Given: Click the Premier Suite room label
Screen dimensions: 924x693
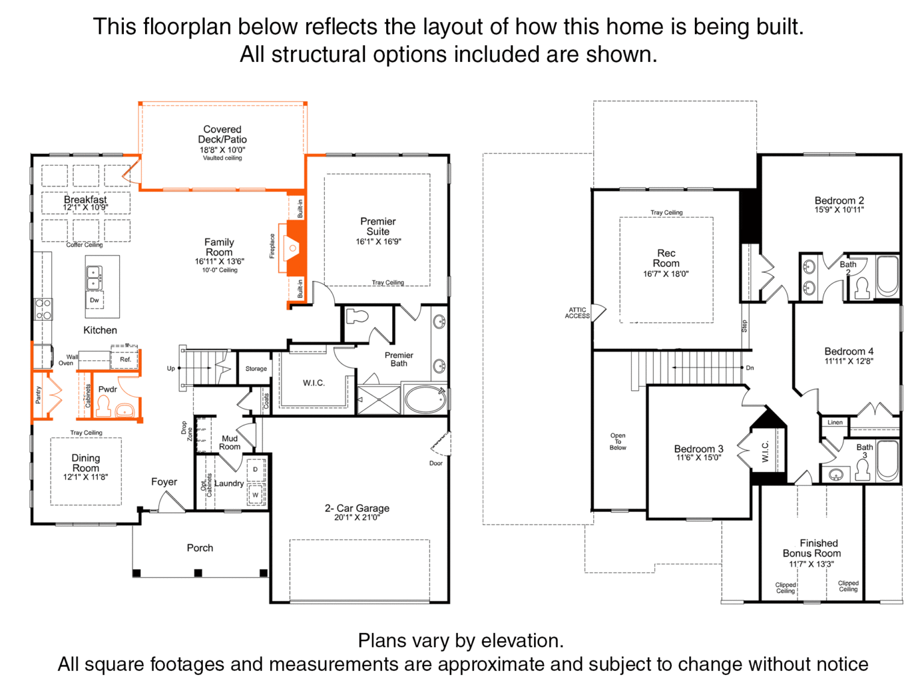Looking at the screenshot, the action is [x=378, y=226].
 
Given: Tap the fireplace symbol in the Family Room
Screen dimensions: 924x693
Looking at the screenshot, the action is [x=292, y=248].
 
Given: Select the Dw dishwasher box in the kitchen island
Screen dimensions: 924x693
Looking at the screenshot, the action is [x=94, y=300].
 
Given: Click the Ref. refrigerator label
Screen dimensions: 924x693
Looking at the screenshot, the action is [x=126, y=359].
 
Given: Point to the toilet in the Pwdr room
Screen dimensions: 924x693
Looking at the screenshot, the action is [x=103, y=407].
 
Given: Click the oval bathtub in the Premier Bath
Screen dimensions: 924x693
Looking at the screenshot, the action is [x=425, y=399].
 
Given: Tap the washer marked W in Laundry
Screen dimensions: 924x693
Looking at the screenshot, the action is [x=255, y=495].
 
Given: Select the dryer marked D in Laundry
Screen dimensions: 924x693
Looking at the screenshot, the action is [x=255, y=470].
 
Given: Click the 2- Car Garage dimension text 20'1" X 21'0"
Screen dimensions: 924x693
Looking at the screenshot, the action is [x=357, y=517].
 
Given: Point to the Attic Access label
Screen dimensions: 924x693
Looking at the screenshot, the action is [x=577, y=313].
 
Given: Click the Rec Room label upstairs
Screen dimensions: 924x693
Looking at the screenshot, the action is [x=666, y=258].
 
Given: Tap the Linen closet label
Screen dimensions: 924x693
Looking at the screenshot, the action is [x=835, y=422].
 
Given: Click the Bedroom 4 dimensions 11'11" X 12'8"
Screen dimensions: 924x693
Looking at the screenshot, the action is [x=849, y=361].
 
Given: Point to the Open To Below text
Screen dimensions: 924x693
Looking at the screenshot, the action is [x=618, y=442].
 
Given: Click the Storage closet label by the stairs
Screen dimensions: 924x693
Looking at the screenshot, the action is [x=256, y=369].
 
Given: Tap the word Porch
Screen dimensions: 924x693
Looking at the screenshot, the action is [x=200, y=548].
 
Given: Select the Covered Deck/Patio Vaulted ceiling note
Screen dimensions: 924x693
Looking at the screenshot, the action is [x=222, y=158].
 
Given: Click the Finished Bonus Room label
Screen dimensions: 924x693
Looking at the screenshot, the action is [x=812, y=548].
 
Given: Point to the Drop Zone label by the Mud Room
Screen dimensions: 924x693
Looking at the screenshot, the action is [x=186, y=431].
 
